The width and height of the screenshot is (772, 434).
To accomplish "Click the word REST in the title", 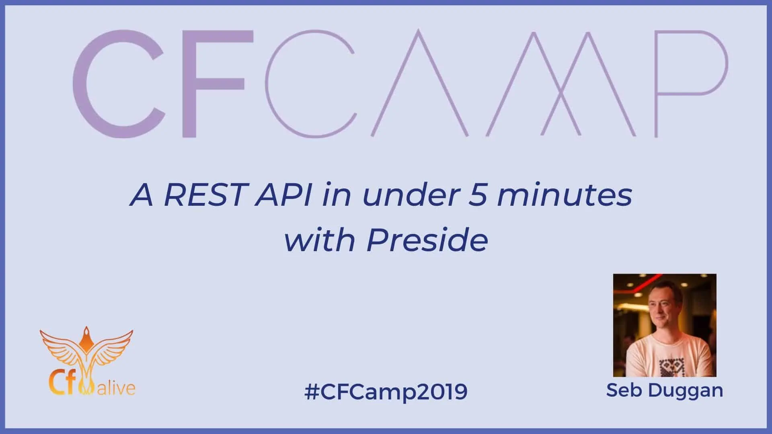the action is [204, 195].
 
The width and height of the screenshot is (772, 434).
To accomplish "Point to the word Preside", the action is [427, 240].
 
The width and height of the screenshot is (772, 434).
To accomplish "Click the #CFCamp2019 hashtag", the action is [386, 391].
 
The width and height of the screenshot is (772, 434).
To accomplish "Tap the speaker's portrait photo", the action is [665, 325].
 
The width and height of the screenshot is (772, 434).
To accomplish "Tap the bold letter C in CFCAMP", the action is [119, 84].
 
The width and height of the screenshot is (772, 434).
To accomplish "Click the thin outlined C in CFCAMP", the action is [266, 84].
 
